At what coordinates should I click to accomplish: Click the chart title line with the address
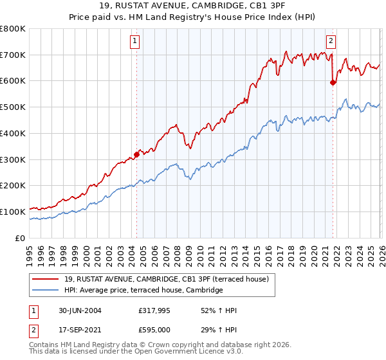pos(193,6)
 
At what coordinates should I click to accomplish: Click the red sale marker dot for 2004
pos(136,154)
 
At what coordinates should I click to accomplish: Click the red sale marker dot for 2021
pos(333,82)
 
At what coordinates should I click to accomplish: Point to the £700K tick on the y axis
pos(12,55)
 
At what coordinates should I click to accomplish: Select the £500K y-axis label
pos(12,107)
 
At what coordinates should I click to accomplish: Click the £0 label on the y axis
pos(21,238)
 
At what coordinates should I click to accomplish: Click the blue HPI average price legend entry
pos(143,291)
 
